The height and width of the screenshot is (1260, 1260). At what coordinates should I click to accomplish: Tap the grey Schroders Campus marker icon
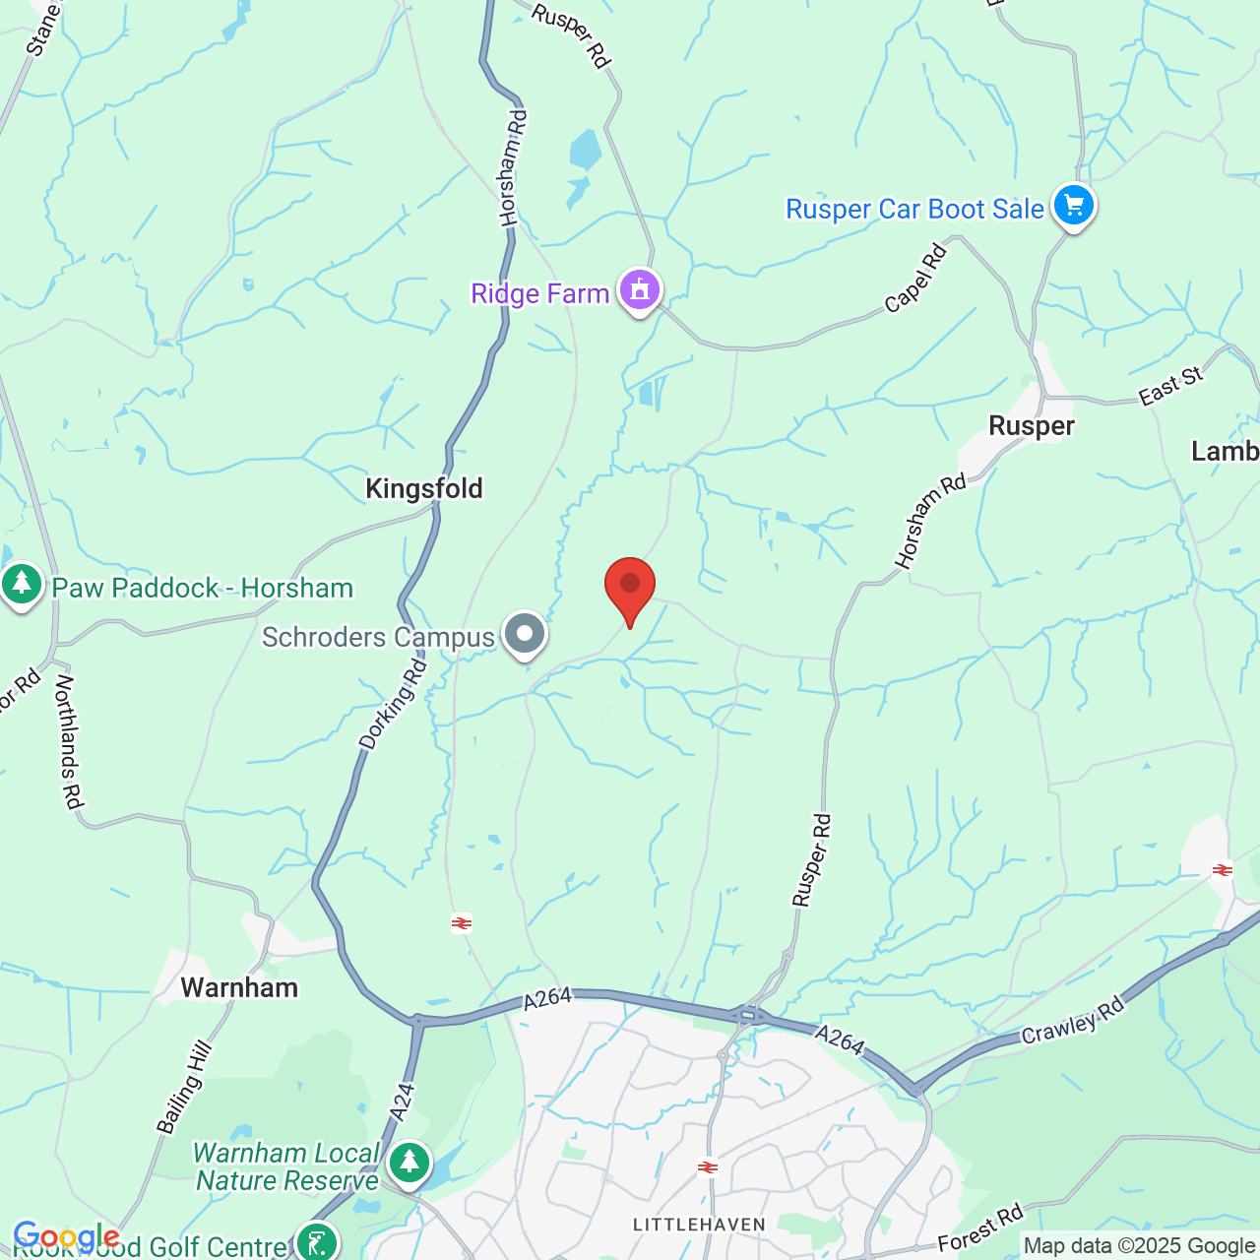525,634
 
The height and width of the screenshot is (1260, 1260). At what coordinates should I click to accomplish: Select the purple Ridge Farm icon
640,291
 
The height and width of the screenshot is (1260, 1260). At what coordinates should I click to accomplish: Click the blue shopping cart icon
1074,207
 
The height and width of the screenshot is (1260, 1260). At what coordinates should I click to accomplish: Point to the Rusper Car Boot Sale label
913,209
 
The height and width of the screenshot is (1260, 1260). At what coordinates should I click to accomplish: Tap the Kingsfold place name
424,488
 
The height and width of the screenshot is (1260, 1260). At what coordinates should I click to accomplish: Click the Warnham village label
239,987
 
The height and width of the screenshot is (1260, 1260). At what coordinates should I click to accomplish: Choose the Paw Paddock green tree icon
22,585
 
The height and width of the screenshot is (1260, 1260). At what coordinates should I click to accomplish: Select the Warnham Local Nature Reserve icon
409,1164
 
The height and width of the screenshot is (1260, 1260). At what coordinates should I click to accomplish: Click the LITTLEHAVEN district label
699,1225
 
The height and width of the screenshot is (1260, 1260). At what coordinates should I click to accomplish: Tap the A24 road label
403,1101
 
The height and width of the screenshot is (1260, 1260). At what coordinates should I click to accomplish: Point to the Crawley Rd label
1072,1022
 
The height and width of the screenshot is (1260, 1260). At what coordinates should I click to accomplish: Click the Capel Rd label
915,279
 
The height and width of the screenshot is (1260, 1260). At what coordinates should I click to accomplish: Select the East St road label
1170,386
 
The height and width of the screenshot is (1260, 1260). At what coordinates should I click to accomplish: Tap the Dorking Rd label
394,705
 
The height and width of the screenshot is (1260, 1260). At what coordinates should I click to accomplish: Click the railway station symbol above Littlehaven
707,1167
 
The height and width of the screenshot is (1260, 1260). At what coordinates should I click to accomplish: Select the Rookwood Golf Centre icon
317,1242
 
